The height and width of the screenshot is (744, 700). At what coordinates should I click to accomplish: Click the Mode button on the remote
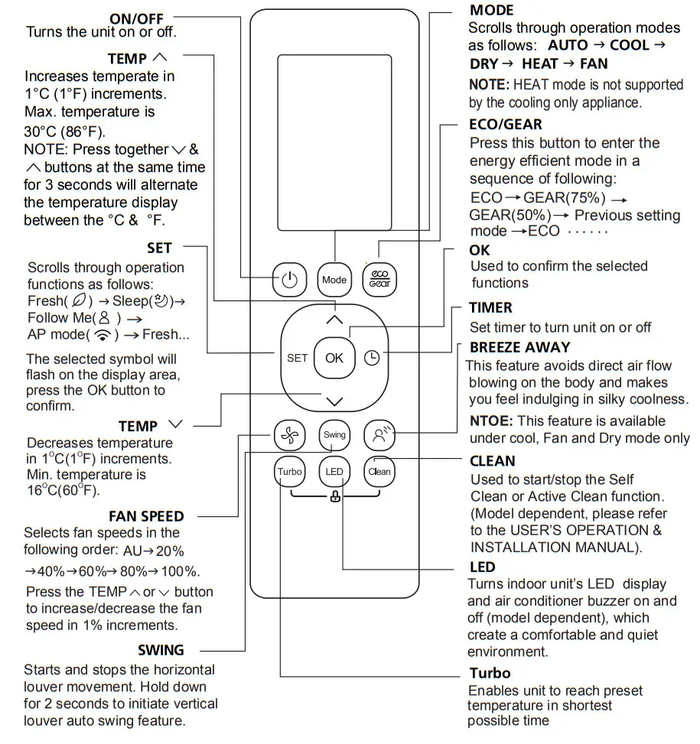(334, 280)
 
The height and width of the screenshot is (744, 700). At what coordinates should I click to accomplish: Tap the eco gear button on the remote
(379, 280)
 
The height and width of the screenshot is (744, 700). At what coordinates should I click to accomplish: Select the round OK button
(334, 358)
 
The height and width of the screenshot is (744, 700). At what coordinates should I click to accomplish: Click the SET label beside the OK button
(297, 358)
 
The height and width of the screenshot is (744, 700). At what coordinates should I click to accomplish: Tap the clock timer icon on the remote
(372, 358)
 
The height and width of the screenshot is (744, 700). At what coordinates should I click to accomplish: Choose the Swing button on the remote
(334, 434)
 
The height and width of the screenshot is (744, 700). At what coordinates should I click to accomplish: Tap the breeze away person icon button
(379, 434)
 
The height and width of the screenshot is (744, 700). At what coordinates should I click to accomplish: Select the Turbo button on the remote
(289, 472)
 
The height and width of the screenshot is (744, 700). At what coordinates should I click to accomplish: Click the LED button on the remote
(334, 472)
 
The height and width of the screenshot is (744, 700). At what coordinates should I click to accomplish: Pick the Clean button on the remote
(379, 472)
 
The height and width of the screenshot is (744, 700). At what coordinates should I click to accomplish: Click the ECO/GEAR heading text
(506, 124)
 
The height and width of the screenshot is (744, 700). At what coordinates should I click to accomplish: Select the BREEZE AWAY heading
(520, 347)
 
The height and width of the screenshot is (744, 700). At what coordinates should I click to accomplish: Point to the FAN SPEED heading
(146, 516)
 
